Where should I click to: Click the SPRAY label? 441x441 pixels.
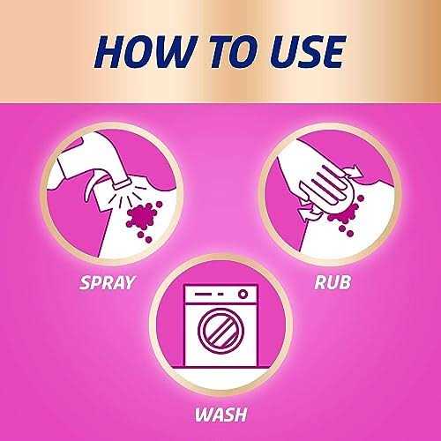tap(107, 282)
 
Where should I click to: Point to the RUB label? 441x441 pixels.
tap(333, 282)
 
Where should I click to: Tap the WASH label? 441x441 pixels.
tap(220, 415)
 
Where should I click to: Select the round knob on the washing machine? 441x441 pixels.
tap(243, 294)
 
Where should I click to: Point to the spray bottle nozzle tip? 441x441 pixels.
tap(121, 183)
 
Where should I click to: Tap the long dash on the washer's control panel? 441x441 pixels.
tap(203, 294)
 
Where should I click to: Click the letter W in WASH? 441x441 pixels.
tap(204, 415)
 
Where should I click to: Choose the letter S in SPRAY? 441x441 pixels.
tap(86, 282)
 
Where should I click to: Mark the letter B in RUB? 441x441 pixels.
tap(345, 282)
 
